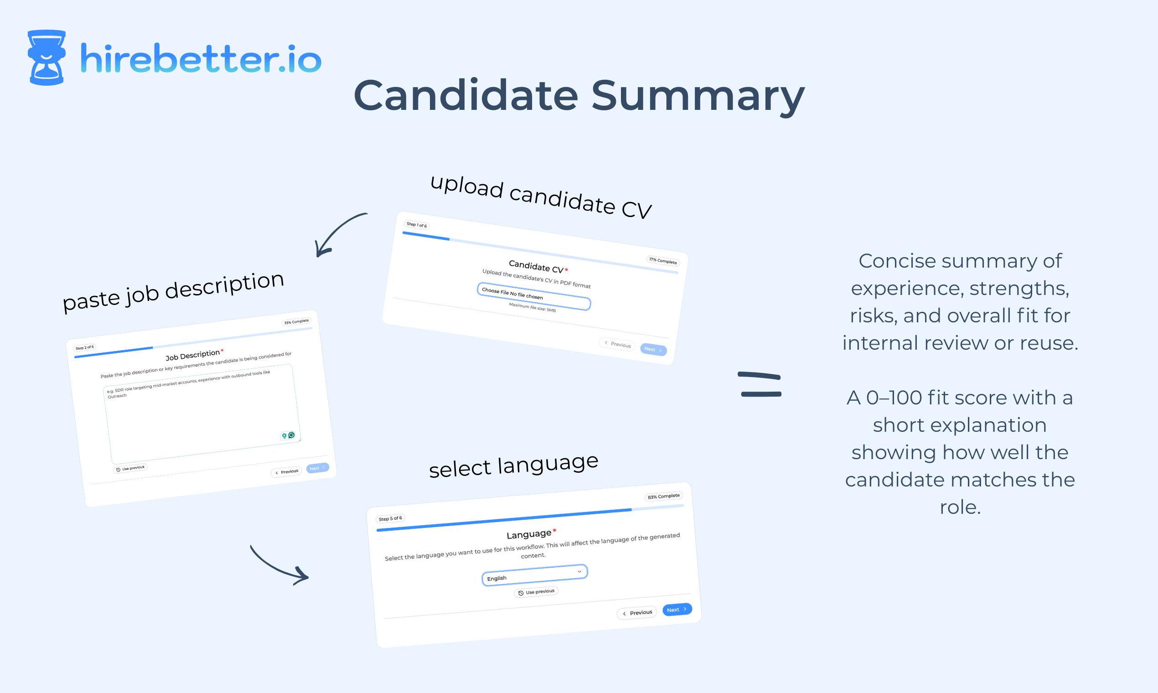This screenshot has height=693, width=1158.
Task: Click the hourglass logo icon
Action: (x=46, y=57)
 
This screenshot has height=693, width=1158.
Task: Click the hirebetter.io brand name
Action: (x=201, y=59)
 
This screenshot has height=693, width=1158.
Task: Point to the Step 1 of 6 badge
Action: (x=416, y=225)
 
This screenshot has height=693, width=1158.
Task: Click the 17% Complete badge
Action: (x=662, y=261)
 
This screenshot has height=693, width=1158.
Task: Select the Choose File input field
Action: (x=534, y=296)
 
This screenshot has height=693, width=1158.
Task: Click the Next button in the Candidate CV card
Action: (x=653, y=349)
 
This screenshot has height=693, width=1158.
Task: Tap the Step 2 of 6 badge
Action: (x=84, y=347)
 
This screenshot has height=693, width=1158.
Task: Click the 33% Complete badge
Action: (x=296, y=322)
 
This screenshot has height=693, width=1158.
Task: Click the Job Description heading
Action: (x=192, y=355)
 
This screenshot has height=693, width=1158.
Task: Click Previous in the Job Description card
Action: (x=287, y=472)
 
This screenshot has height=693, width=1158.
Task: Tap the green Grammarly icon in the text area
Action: (x=291, y=435)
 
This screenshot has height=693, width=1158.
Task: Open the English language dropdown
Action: (x=534, y=575)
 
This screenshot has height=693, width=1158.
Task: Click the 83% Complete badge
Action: (x=663, y=496)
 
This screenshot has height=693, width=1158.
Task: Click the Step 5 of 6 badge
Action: (x=390, y=518)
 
